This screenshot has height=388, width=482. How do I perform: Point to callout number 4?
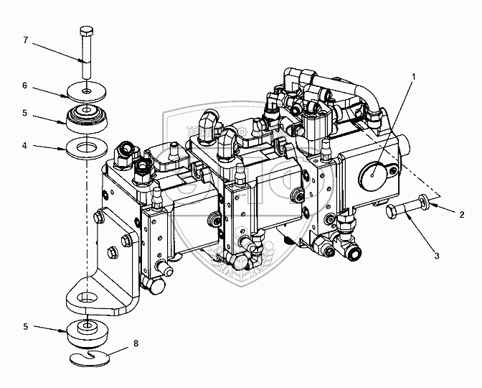pyautogui.click(x=25, y=146)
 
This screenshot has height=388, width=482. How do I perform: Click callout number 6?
pyautogui.click(x=25, y=86)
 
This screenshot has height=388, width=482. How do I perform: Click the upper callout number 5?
pyautogui.click(x=25, y=112)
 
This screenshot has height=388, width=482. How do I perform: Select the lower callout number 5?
pyautogui.click(x=25, y=326)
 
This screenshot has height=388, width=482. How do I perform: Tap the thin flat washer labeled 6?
pyautogui.click(x=87, y=92)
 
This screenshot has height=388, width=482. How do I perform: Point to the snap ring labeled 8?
pyautogui.click(x=90, y=356)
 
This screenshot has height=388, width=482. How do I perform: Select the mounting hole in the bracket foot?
pyautogui.click(x=87, y=296)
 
